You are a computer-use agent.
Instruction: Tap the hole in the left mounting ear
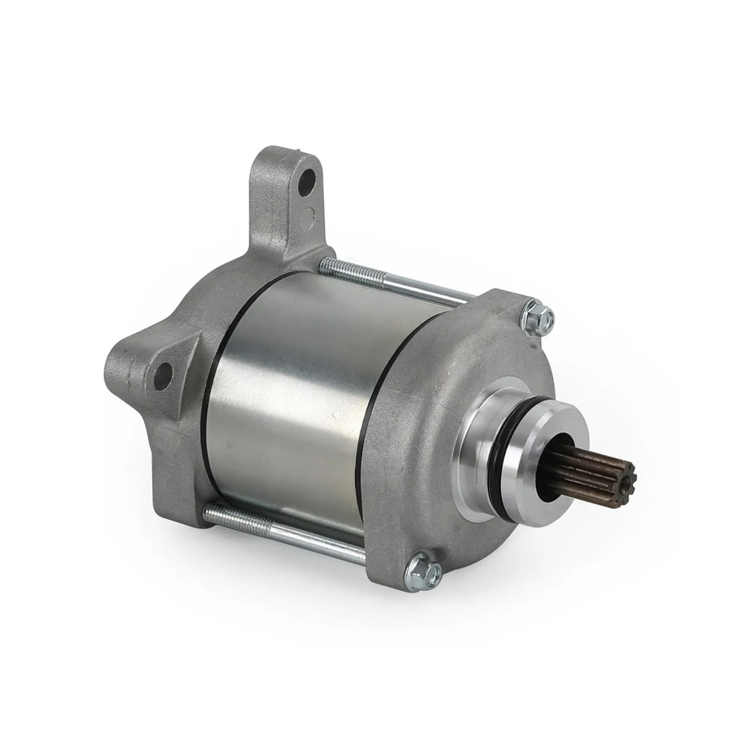[164, 376]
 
